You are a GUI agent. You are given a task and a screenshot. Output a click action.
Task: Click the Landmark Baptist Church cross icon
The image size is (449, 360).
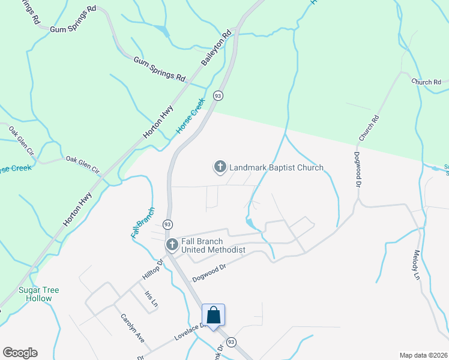click(x=220, y=167)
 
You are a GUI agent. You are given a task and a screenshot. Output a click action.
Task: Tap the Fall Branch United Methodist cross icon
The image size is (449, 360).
click(x=172, y=244)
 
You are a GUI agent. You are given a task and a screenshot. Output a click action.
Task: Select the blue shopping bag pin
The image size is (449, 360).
click(x=213, y=316)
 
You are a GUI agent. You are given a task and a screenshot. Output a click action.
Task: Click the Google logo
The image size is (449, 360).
click(x=20, y=353)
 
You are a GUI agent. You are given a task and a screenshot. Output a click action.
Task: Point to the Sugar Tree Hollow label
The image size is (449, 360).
click(x=38, y=294)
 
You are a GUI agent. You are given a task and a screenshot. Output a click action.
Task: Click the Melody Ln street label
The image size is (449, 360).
click(x=418, y=267)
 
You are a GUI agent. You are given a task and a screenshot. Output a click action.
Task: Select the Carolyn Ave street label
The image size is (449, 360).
click(x=133, y=328)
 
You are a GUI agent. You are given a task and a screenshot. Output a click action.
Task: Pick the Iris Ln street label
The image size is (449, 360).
click(x=151, y=299)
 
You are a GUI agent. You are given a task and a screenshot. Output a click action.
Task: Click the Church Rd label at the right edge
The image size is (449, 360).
click(x=426, y=82)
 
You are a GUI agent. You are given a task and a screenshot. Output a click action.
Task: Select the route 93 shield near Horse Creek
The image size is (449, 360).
click(x=218, y=95)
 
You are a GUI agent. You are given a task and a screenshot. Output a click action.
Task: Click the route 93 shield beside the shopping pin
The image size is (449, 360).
click(x=232, y=341)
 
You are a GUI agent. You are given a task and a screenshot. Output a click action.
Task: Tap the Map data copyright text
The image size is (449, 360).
click(x=423, y=355)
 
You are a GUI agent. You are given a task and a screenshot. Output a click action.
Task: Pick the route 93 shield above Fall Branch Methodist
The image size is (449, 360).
click(x=167, y=224)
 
